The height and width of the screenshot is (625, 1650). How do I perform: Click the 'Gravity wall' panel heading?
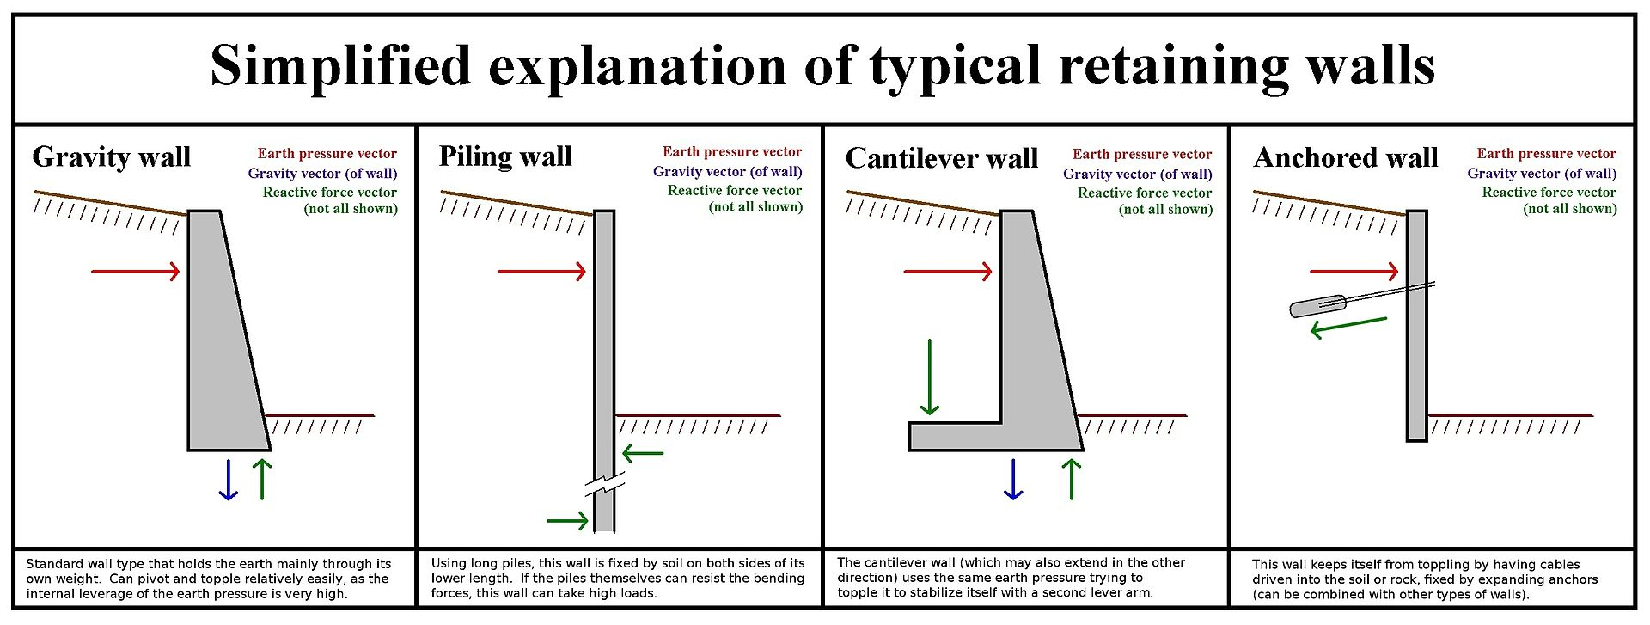pyautogui.click(x=112, y=157)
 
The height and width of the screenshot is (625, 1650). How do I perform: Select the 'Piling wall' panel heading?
pyautogui.click(x=505, y=156)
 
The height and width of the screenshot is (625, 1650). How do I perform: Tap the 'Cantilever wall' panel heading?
pyautogui.click(x=942, y=158)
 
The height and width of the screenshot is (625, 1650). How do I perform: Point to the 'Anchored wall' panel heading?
pyautogui.click(x=1346, y=158)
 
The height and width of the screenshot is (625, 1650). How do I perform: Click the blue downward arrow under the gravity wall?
pyautogui.click(x=228, y=480)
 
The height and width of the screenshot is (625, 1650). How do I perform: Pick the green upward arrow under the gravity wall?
pyautogui.click(x=262, y=480)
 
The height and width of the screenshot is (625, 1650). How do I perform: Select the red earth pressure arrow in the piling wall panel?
pyautogui.click(x=541, y=272)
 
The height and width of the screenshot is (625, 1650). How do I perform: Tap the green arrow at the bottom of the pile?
pyautogui.click(x=567, y=520)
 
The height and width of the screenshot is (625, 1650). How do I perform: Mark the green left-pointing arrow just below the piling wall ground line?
pyautogui.click(x=643, y=453)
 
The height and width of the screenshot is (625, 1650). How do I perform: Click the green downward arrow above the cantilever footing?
pyautogui.click(x=930, y=378)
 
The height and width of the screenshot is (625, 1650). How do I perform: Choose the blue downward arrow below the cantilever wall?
pyautogui.click(x=1013, y=480)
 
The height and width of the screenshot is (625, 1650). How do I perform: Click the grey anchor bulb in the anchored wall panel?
pyautogui.click(x=1317, y=306)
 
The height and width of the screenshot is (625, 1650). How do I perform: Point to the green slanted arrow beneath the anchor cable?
pyautogui.click(x=1347, y=327)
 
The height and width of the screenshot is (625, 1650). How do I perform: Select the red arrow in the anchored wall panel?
pyautogui.click(x=1354, y=272)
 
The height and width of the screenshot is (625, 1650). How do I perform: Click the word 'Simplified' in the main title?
pyautogui.click(x=341, y=66)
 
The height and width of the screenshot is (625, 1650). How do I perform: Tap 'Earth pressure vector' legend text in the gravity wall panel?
pyautogui.click(x=327, y=154)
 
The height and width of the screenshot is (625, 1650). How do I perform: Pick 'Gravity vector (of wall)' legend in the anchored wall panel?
pyautogui.click(x=1542, y=174)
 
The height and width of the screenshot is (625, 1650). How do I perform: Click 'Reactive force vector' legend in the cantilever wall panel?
pyautogui.click(x=1145, y=193)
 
